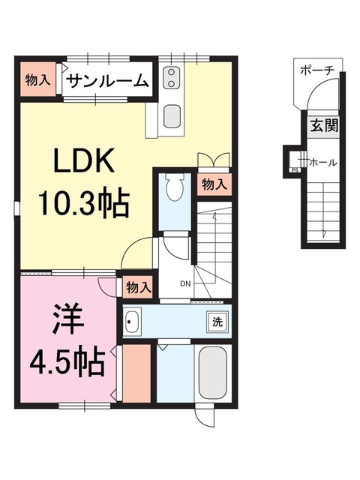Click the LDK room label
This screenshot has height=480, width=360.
(x=82, y=161)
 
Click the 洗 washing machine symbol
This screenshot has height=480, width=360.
(x=216, y=322)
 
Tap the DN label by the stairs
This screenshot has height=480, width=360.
(x=186, y=284)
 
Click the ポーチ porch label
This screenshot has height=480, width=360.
(x=316, y=70)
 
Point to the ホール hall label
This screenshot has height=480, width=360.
(x=322, y=162)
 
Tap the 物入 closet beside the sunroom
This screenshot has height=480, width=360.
(x=37, y=80)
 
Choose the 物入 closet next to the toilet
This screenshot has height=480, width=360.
(x=214, y=184)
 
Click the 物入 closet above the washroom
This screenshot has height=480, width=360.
(x=138, y=286)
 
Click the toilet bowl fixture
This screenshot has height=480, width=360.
(x=176, y=187)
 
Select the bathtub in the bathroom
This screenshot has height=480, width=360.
(x=212, y=373)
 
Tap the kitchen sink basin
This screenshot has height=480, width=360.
(x=172, y=117)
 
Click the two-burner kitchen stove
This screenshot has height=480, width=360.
(x=170, y=77)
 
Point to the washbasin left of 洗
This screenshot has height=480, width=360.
(x=133, y=322)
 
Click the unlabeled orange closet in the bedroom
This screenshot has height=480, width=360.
(x=137, y=373)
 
